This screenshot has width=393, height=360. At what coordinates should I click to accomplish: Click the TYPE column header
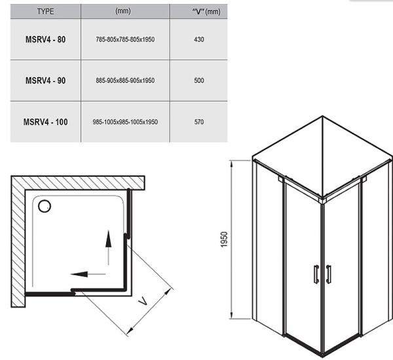pyautogui.click(x=45, y=12)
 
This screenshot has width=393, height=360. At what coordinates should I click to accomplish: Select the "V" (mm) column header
pyautogui.click(x=206, y=12)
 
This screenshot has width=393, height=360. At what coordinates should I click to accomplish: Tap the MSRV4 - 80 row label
pyautogui.click(x=45, y=39)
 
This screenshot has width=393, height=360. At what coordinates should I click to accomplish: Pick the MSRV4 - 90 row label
pyautogui.click(x=45, y=81)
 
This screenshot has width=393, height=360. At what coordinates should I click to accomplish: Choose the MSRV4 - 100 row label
pyautogui.click(x=45, y=122)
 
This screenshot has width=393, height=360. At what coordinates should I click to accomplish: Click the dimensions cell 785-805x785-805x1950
pyautogui.click(x=125, y=39)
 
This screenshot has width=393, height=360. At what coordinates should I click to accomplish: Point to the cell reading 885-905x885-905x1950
pyautogui.click(x=125, y=81)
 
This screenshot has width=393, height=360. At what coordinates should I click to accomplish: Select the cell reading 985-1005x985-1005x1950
pyautogui.click(x=125, y=122)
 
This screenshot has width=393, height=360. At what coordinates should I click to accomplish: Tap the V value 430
pyautogui.click(x=198, y=39)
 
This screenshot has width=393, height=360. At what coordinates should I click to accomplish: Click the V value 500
pyautogui.click(x=198, y=81)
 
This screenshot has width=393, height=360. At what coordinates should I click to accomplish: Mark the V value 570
pyautogui.click(x=198, y=122)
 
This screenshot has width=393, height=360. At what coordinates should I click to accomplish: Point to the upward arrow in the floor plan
pyautogui.click(x=108, y=247)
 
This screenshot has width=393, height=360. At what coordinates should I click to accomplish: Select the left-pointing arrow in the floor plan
pyautogui.click(x=88, y=274)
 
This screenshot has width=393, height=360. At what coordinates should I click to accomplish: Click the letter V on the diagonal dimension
pyautogui.click(x=143, y=300)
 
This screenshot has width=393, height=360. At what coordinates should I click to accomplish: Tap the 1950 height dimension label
pyautogui.click(x=224, y=240)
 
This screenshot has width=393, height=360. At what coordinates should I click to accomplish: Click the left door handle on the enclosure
pyautogui.click(x=316, y=274)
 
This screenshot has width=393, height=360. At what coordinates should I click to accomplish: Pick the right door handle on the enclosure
pyautogui.click(x=328, y=274)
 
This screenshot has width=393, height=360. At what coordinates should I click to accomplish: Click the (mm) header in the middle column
pyautogui.click(x=123, y=11)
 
